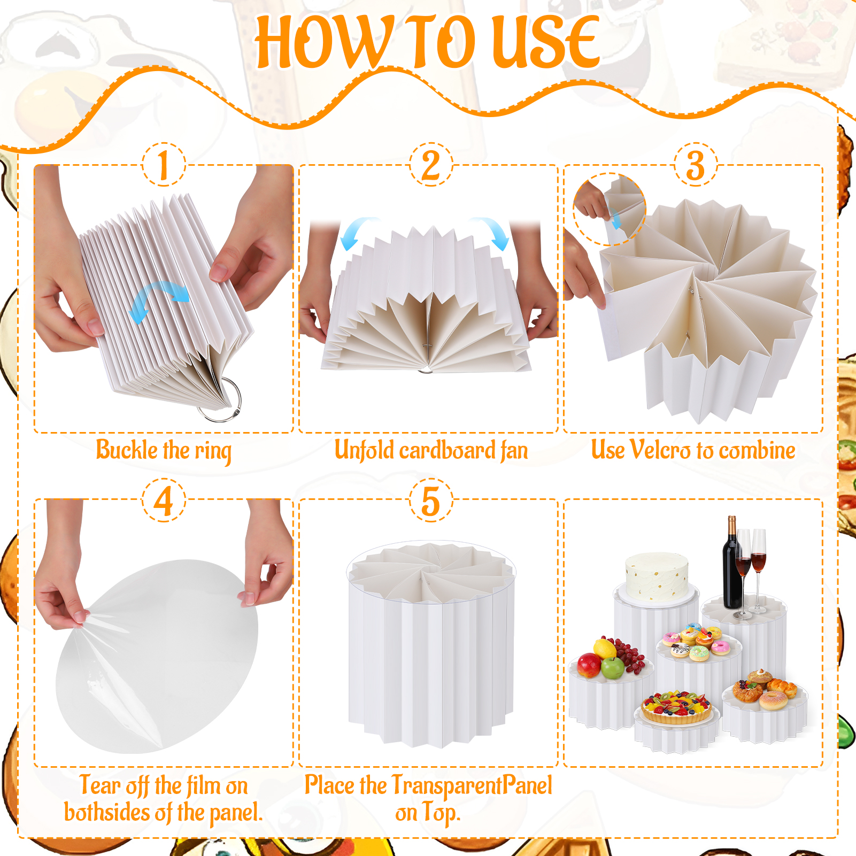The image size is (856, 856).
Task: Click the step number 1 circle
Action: point(164,164)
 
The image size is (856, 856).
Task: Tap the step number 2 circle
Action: point(431,164)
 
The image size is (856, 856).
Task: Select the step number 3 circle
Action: point(695,164)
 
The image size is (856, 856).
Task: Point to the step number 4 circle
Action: point(164,500)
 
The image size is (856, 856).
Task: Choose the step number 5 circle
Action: point(431,500)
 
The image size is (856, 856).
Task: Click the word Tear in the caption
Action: point(100,785)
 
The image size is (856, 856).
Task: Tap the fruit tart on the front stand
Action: point(676,706)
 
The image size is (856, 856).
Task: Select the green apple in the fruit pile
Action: point(613,668)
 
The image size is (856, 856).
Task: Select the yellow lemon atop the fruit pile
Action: point(605,648)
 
